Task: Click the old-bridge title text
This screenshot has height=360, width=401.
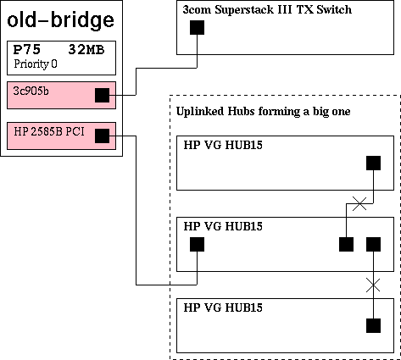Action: pos(60,20)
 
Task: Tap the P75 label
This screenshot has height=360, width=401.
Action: pos(27,50)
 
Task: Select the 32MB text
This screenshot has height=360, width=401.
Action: pos(86,50)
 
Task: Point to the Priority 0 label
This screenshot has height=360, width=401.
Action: pos(36,64)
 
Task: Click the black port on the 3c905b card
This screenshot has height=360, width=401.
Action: pos(102,95)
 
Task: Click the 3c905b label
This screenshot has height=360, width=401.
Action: pos(31,91)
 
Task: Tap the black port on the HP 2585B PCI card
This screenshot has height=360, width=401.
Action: pos(102,136)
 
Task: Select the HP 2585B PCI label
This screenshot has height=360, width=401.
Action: pos(49,131)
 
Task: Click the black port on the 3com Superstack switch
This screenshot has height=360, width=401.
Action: pos(197,27)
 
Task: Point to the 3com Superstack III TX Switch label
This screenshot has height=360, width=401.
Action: pos(267,9)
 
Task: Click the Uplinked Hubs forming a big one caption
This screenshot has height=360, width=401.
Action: pos(263,112)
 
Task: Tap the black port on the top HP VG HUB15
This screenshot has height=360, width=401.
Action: pos(373,163)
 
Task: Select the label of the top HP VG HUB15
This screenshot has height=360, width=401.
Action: pos(223,145)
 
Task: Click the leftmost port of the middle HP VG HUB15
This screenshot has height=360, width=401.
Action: pos(197,244)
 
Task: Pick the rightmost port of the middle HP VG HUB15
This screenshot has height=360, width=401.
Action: pos(373,244)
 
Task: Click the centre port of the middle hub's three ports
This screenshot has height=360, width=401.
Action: pos(346,244)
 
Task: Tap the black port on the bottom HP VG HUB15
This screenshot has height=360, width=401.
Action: pos(373,325)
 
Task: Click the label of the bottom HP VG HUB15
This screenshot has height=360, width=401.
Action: pos(223,307)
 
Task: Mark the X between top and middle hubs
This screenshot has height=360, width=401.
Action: pos(359,203)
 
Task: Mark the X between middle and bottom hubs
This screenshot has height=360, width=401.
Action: pos(373,285)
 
